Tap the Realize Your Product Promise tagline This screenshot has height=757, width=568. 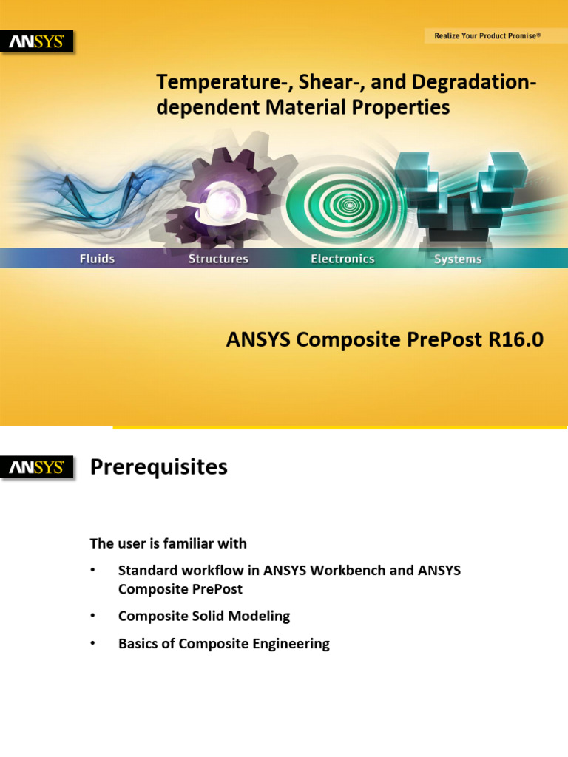tap(485, 35)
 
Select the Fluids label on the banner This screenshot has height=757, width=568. tap(97, 259)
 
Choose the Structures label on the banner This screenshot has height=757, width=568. tap(218, 259)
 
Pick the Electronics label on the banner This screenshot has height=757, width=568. tap(342, 259)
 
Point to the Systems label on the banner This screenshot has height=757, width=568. tap(458, 259)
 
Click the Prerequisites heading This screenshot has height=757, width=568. tap(158, 467)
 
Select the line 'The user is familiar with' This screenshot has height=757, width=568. tap(168, 543)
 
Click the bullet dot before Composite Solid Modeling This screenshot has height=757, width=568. tap(93, 616)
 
